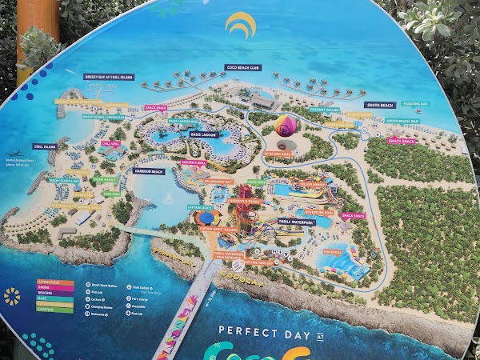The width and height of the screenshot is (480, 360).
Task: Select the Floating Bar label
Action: pos(414,102)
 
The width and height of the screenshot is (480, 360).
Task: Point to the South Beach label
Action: pos(379,105)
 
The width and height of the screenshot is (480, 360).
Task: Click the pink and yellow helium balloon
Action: pos(285,127)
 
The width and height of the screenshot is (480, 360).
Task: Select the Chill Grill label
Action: pos(110,144)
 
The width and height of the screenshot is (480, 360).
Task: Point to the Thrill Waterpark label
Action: pos(295,221)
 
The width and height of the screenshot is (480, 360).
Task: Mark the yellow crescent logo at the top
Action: pos(239,25)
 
